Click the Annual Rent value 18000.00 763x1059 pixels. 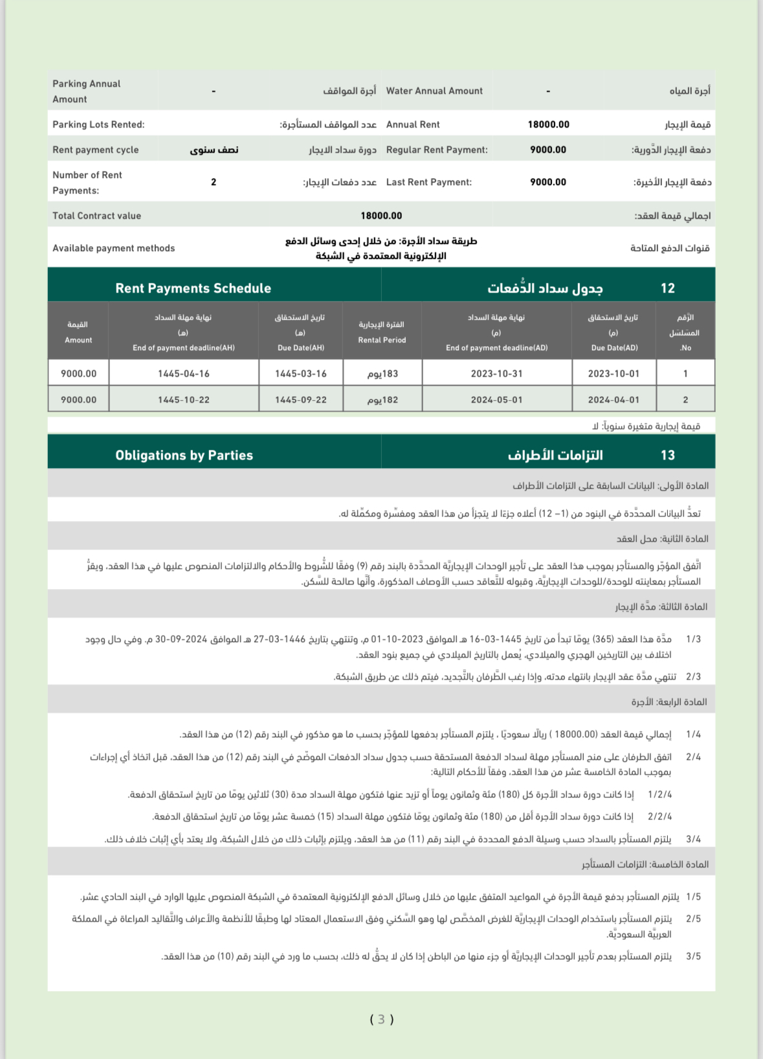point(548,124)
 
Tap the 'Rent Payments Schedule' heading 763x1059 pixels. point(193,288)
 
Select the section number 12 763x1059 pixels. point(667,288)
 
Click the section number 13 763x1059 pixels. point(667,455)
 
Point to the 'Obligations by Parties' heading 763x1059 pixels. point(184,455)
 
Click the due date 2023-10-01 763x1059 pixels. point(613,373)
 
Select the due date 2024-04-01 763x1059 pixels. point(613,399)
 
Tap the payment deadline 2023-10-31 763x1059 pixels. point(496,373)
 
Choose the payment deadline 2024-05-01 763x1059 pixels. point(496,399)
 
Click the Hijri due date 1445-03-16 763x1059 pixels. point(300,373)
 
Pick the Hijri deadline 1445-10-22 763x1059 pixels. point(184,399)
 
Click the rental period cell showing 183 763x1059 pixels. point(382,373)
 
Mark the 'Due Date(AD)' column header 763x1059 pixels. point(614,348)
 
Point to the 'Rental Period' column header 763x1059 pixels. point(382,340)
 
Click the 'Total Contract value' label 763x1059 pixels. point(96,216)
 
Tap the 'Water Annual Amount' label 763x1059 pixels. point(434,91)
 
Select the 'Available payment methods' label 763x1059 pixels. point(113,248)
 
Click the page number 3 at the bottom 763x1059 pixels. point(381,1020)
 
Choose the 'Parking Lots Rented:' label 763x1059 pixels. point(98,124)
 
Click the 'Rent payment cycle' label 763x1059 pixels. point(95,150)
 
